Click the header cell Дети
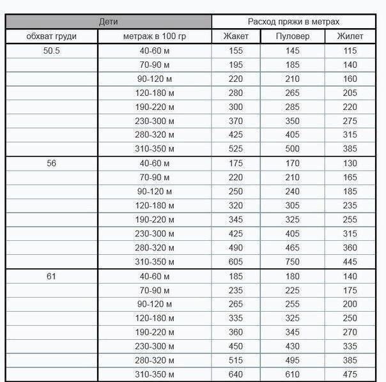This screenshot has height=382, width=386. (109, 22)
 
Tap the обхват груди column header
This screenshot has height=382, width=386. (52, 36)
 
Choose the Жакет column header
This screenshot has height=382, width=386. (236, 36)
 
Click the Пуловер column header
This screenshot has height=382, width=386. (292, 36)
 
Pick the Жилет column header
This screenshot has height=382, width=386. (350, 36)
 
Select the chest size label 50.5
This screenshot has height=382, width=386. (52, 50)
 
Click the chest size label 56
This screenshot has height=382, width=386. (52, 163)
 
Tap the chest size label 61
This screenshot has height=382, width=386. (52, 276)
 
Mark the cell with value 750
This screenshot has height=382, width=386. (292, 262)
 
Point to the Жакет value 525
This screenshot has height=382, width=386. (236, 149)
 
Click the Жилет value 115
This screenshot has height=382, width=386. (350, 50)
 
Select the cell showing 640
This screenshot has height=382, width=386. (236, 374)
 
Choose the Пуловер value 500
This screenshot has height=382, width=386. (292, 149)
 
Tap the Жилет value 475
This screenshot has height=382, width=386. (350, 374)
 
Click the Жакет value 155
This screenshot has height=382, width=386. (236, 50)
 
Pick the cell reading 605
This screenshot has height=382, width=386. (236, 262)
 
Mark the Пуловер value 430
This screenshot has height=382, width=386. (292, 346)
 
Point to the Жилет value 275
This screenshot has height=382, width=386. (350, 121)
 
